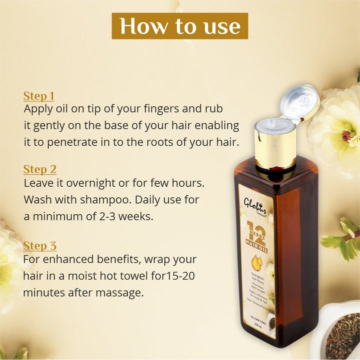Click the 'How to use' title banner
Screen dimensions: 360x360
click(x=179, y=26)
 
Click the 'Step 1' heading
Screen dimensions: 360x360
click(x=38, y=96)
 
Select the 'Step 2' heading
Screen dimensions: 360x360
click(x=39, y=169)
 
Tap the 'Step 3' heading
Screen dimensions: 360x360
click(x=39, y=246)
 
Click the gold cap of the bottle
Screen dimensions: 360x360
click(x=275, y=145)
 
